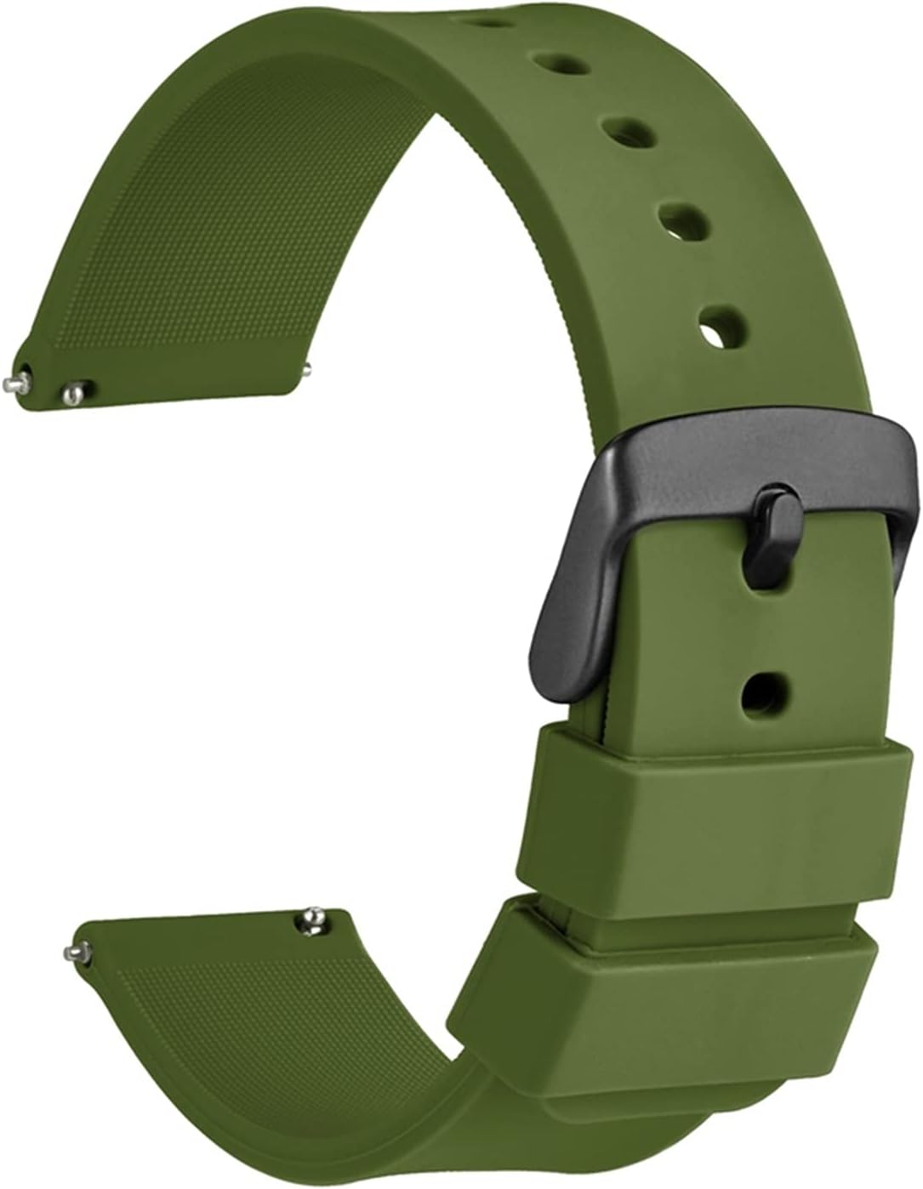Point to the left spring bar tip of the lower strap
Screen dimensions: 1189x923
pos(75,950)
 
